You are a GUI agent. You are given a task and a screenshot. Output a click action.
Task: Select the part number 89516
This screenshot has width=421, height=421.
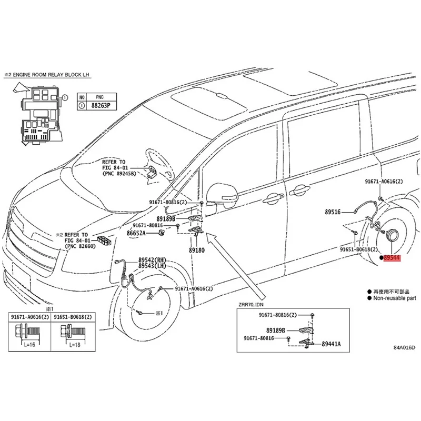pos(332,212)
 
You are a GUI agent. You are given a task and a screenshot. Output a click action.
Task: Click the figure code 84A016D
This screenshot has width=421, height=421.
pos(404,348)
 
